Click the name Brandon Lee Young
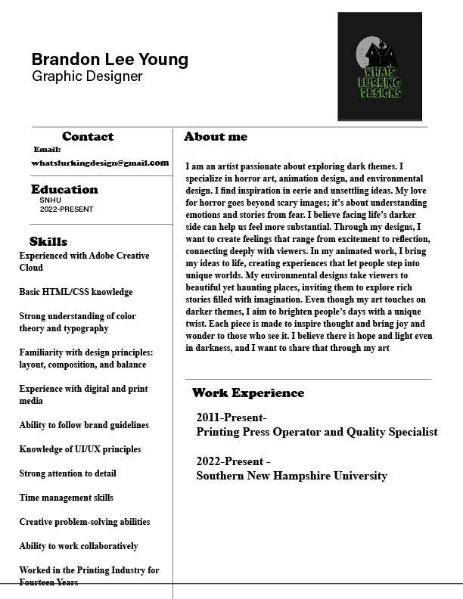(110, 59)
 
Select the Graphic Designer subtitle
(87, 76)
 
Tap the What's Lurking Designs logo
(379, 67)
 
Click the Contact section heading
(88, 137)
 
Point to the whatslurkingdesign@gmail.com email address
(100, 163)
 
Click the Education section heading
(64, 190)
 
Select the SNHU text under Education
(50, 200)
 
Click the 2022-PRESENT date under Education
(67, 209)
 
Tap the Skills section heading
(48, 242)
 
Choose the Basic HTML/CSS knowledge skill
(76, 292)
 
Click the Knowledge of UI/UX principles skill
(80, 449)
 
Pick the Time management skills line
(67, 498)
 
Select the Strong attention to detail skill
(68, 473)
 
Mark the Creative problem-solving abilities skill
(85, 522)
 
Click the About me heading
(216, 137)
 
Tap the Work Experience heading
(248, 393)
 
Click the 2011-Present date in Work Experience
(231, 417)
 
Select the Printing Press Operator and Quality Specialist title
(316, 432)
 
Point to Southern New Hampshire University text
(291, 476)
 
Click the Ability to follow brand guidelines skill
(84, 425)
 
